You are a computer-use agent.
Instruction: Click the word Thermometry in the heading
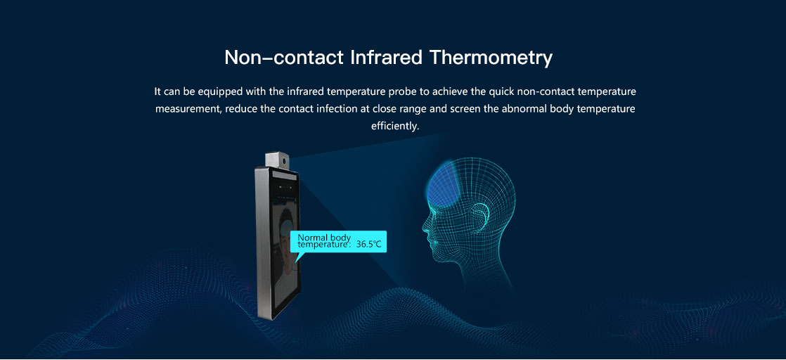491,58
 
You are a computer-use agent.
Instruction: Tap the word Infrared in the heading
387,57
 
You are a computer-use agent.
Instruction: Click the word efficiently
395,126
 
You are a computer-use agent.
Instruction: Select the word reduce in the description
242,109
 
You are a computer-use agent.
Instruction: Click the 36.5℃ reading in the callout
369,245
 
